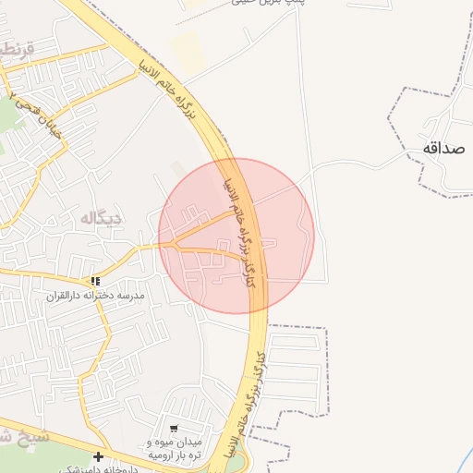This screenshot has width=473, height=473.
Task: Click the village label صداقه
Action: click(x=444, y=149)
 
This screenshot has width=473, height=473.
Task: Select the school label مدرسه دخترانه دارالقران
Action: click(x=97, y=296)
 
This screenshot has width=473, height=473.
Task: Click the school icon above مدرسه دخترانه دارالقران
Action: click(x=95, y=281)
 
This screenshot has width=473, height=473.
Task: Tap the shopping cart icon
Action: click(x=173, y=428)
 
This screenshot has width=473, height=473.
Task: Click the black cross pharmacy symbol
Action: click(x=99, y=456)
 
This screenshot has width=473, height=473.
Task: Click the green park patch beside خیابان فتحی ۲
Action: click(x=7, y=115)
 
